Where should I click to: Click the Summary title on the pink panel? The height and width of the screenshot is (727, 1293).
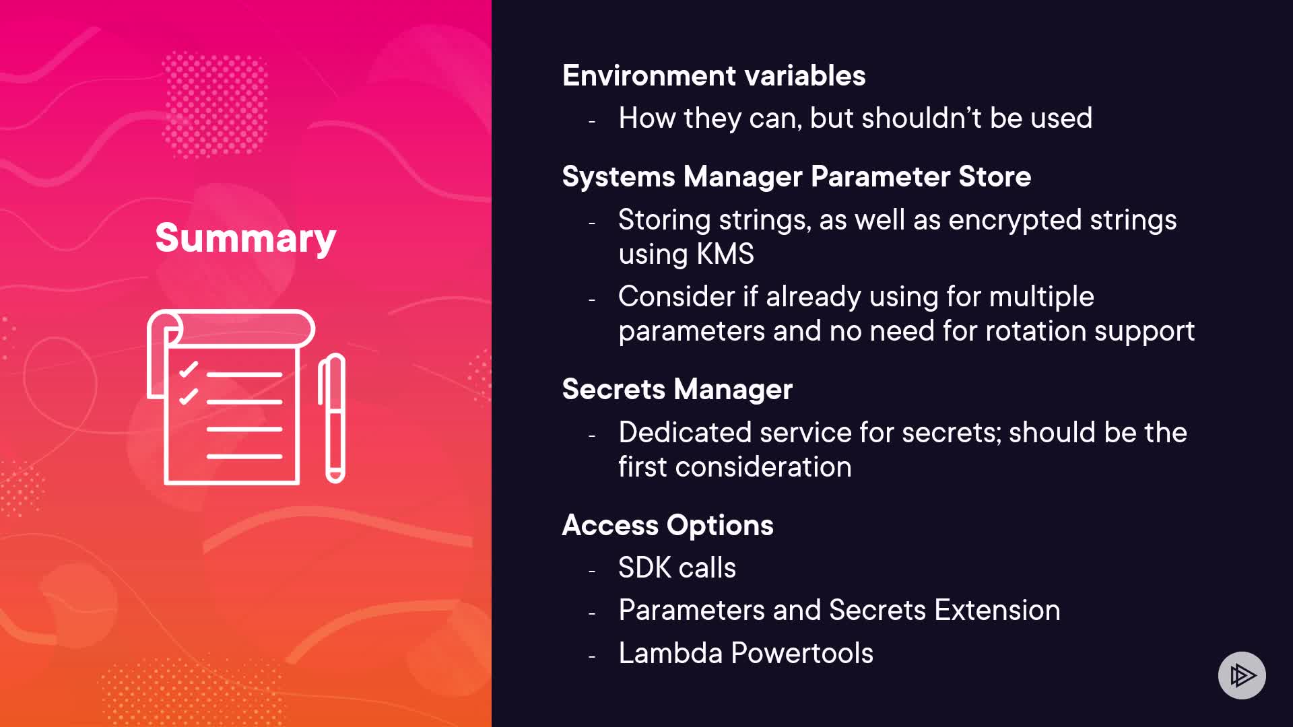pos(245,238)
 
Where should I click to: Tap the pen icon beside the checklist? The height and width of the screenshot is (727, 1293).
pos(332,418)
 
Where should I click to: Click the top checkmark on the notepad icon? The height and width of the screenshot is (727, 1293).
pos(189,369)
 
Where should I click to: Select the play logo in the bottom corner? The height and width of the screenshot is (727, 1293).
pos(1242,675)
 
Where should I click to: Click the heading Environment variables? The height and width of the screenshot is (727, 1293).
pos(714,75)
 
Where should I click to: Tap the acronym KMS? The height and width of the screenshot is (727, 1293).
pos(725,254)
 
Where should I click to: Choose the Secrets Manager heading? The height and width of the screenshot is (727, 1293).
pos(677,389)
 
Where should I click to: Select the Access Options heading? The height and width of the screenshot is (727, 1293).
pos(668,525)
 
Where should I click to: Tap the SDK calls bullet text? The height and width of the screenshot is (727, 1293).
pos(677,567)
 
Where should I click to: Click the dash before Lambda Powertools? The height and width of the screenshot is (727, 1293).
pos(592,656)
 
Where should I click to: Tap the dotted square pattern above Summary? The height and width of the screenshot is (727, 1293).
pos(215,104)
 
